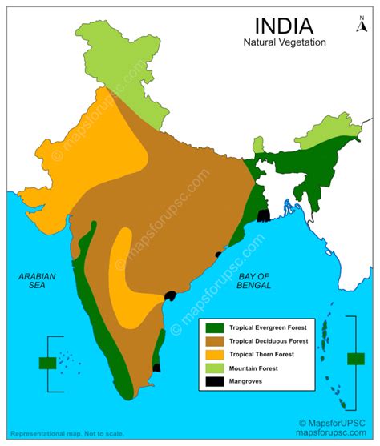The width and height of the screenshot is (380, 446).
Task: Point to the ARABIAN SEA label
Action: click(38, 280)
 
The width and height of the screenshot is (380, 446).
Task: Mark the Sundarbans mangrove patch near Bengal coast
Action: click(263, 215)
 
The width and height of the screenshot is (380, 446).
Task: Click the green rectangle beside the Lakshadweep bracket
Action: click(48, 363)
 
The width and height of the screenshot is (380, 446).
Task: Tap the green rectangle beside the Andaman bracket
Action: click(355, 359)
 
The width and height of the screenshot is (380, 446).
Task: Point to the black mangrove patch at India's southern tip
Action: click(156, 368)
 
